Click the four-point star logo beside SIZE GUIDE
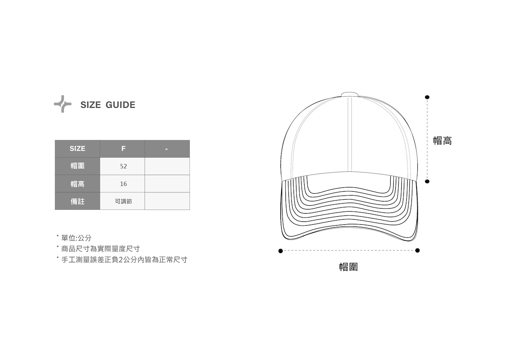pos(62,104)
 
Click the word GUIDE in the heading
pos(120,105)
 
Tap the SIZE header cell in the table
pos(77,149)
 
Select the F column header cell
pos(123,149)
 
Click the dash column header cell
pos(167,149)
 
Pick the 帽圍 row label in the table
pos(77,166)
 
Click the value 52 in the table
pos(123,166)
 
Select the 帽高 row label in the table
pos(77,184)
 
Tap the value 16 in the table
pos(123,184)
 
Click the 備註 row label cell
pos(77,201)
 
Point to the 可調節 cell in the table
pos(123,201)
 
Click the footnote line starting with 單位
pos(76,238)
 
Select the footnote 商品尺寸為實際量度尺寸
pos(101,249)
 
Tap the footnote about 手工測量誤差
pos(124,260)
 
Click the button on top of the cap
pos(350,94)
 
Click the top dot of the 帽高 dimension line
pos(427,97)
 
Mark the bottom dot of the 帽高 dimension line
pos(427,181)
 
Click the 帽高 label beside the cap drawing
pos(442,141)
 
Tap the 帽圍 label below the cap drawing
pos(348,267)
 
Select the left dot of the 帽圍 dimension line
pos(280,251)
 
